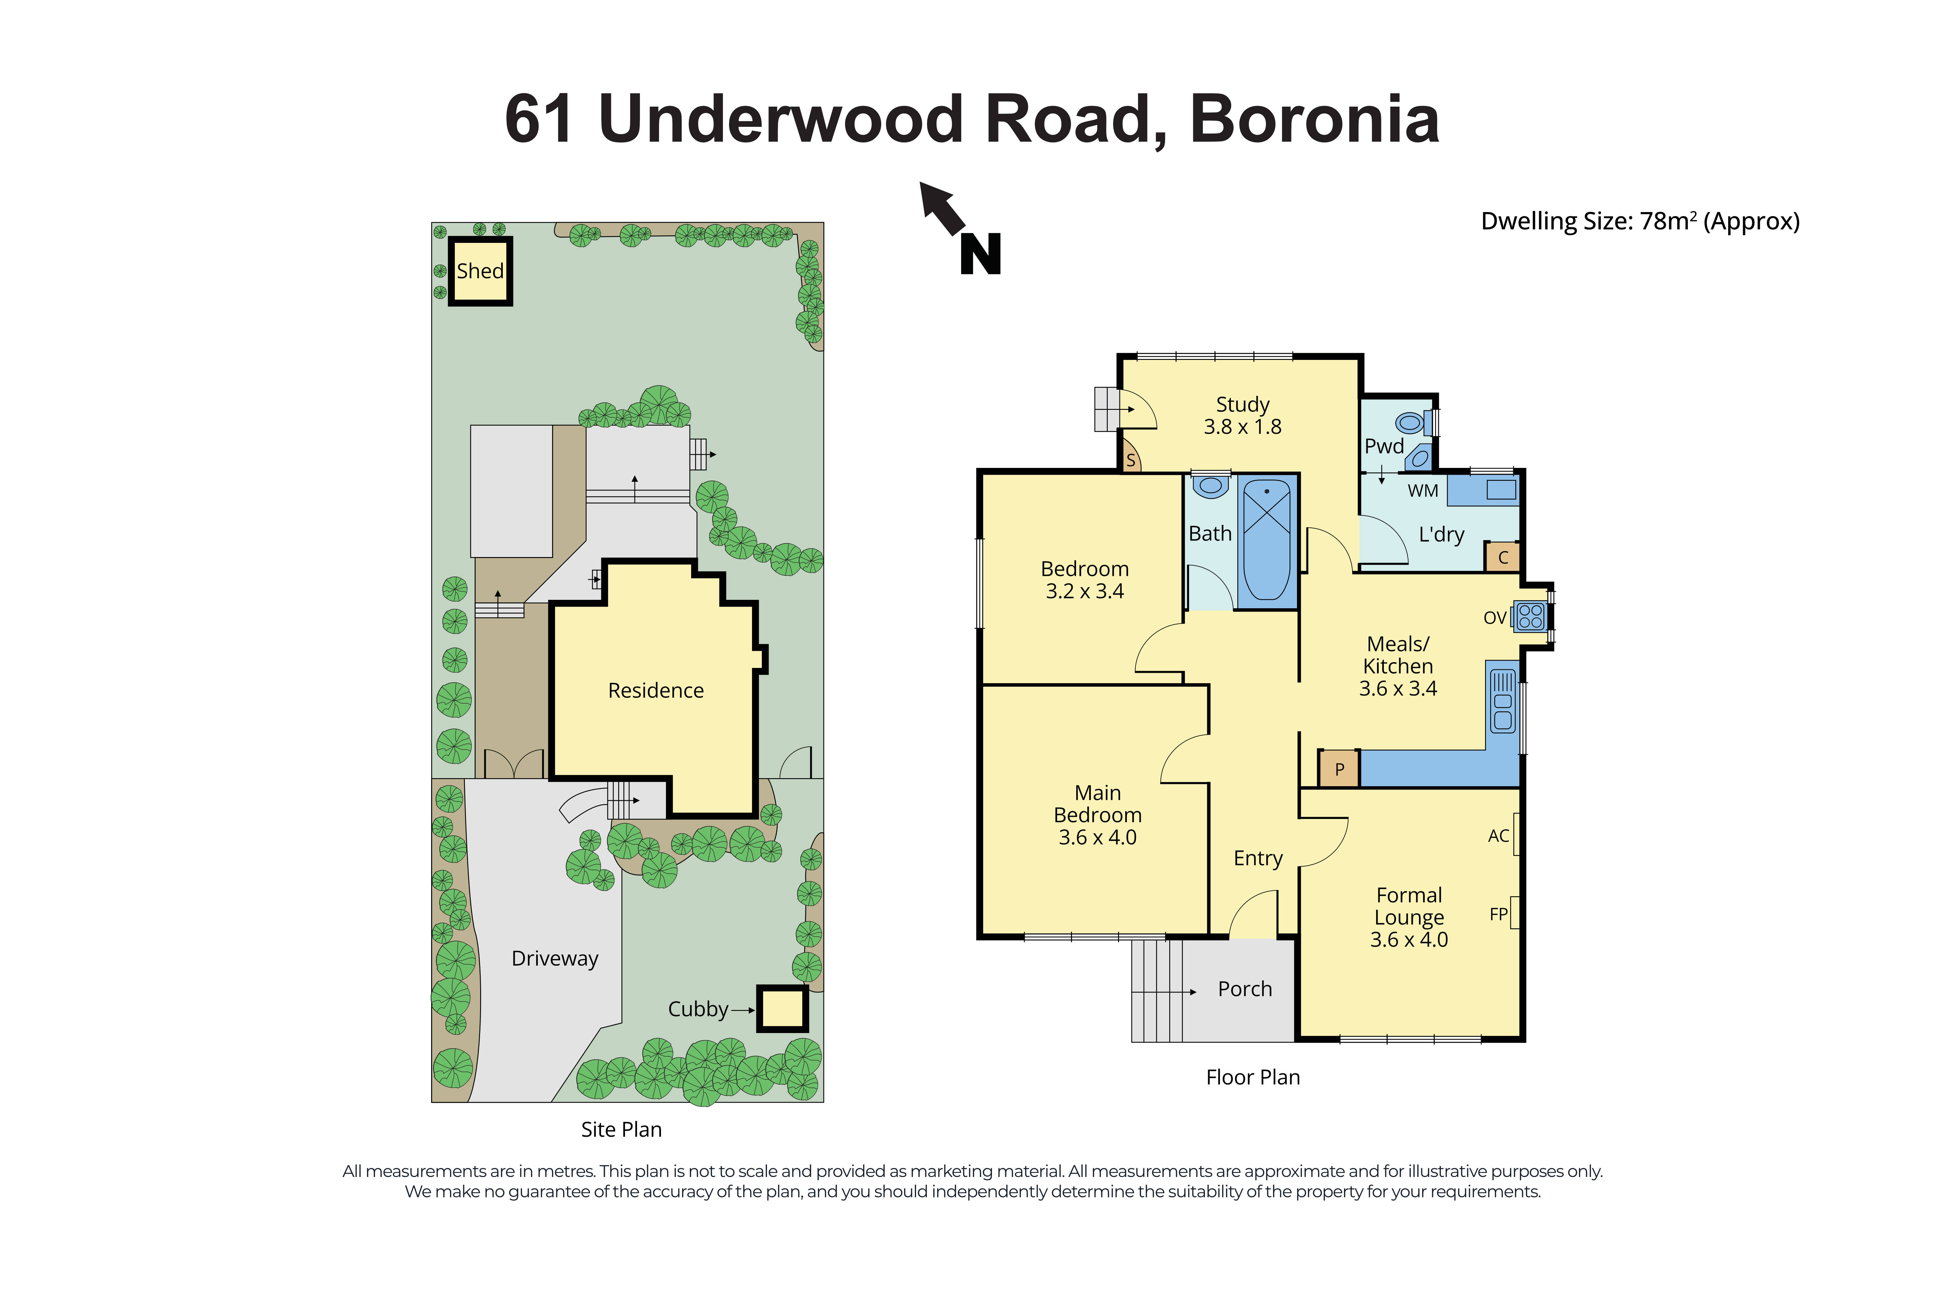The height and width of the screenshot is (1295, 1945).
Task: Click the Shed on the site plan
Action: pos(480,271)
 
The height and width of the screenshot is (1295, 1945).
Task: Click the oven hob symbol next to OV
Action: pos(1530,616)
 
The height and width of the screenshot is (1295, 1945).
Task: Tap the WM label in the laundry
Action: pos(1422,491)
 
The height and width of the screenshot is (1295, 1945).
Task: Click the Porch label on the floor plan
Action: pos(1244,989)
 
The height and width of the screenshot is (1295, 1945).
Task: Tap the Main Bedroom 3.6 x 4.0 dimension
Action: pos(1097,837)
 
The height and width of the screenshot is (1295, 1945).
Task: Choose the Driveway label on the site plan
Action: pos(554,958)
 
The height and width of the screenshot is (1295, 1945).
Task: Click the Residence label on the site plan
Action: pos(655,690)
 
